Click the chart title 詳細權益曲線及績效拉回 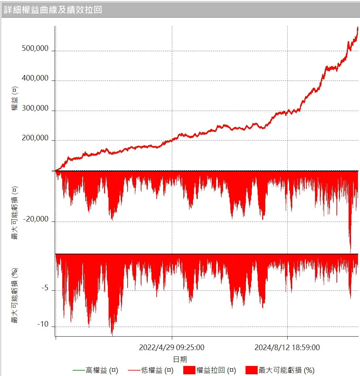(53, 10)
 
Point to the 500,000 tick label (35, 48)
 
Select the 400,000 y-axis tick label (35, 78)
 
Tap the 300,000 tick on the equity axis (35, 108)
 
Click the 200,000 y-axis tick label (35, 138)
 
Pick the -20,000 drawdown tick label (36, 219)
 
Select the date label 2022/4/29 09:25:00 (172, 347)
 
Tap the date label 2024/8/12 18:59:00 (287, 347)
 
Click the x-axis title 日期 (180, 359)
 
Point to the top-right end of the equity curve (358, 28)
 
